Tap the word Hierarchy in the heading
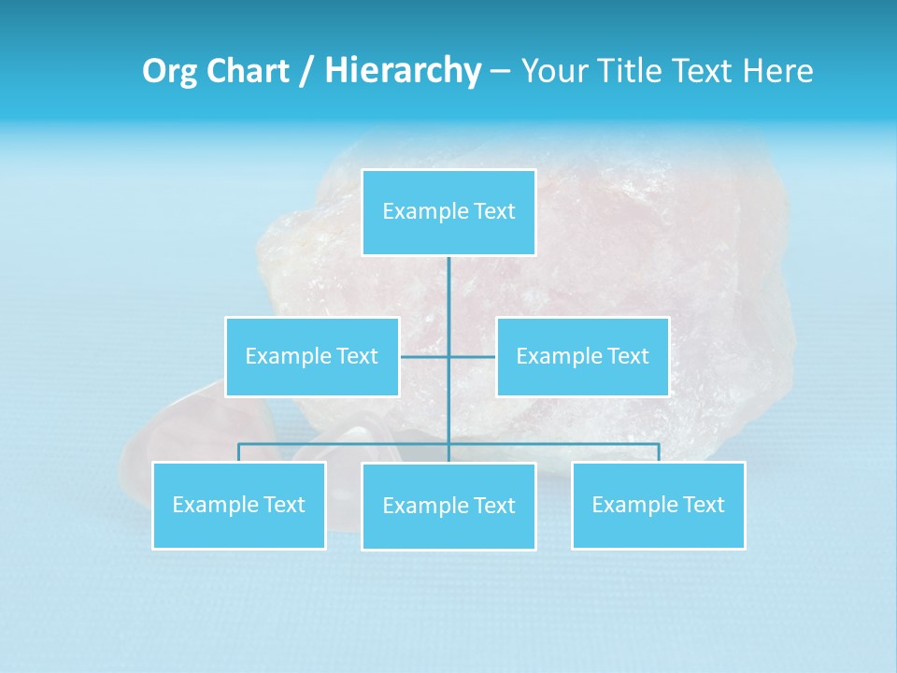click(x=403, y=71)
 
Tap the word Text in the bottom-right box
click(x=703, y=505)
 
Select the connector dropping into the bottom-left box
click(x=239, y=451)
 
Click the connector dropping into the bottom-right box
click(x=659, y=451)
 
